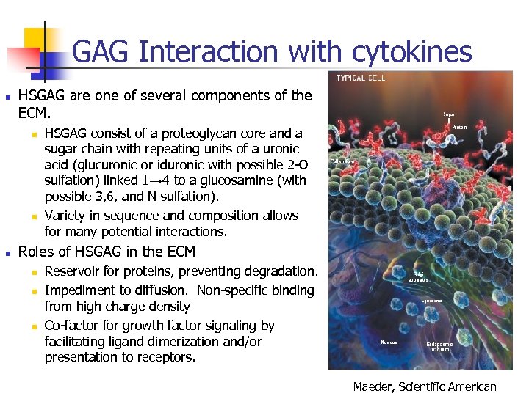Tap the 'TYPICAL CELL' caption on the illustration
(x=361, y=78)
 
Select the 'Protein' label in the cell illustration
(x=459, y=127)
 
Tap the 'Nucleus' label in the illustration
(x=389, y=342)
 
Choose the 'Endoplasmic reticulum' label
(x=439, y=347)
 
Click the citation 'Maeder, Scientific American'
(x=425, y=386)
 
